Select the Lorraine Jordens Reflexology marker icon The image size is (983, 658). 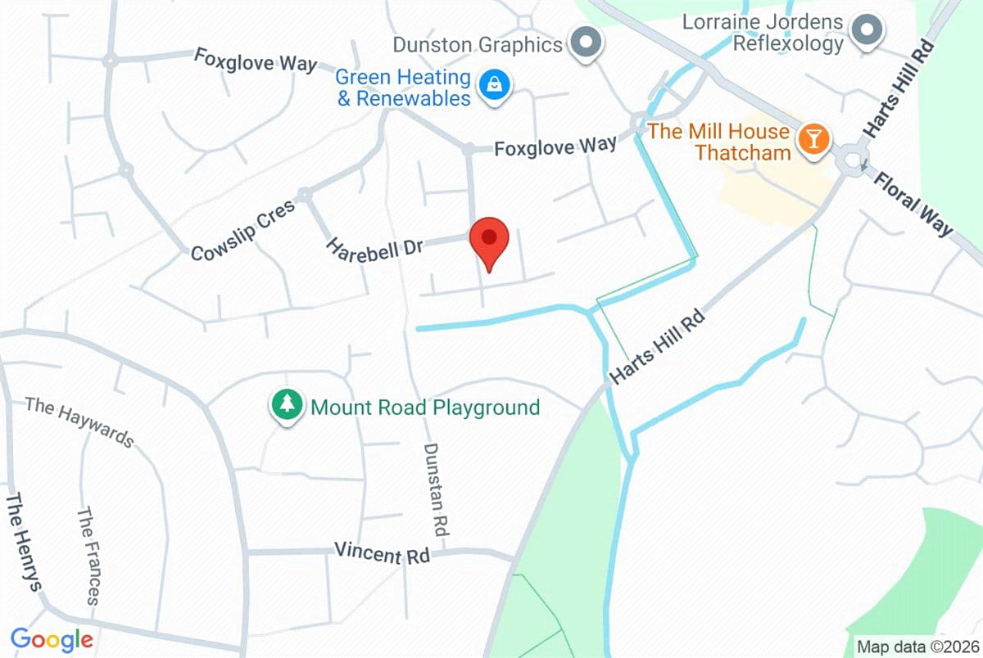pyautogui.click(x=865, y=31)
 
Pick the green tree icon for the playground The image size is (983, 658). pyautogui.click(x=286, y=404)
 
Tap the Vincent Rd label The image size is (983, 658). pyautogui.click(x=382, y=552)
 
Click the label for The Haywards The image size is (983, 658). pyautogui.click(x=79, y=422)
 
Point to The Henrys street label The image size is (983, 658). pyautogui.click(x=24, y=541)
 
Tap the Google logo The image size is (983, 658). pyautogui.click(x=52, y=638)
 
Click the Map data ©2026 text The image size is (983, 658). pyautogui.click(x=916, y=646)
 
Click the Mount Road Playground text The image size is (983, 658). pyautogui.click(x=425, y=407)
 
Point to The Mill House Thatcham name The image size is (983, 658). pyautogui.click(x=719, y=142)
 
